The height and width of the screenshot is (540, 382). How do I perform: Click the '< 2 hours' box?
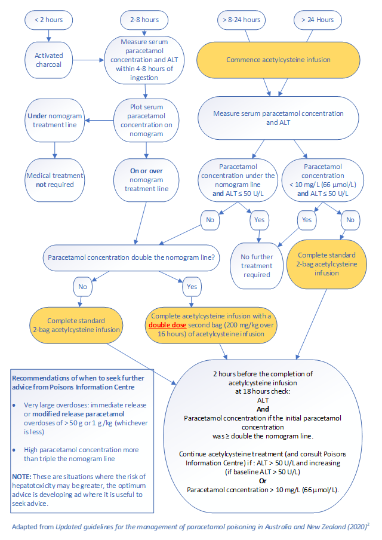tap(48, 20)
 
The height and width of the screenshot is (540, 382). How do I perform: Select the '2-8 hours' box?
tap(144, 20)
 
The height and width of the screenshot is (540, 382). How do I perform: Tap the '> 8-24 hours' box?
tap(241, 20)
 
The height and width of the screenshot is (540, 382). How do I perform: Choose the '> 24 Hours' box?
tap(317, 20)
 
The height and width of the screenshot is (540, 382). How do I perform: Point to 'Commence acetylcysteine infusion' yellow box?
tap(278, 60)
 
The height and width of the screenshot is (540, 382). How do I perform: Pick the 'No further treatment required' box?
tap(257, 266)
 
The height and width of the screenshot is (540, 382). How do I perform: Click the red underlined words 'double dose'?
tap(169, 325)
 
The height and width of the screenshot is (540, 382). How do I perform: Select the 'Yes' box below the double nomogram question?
tap(192, 287)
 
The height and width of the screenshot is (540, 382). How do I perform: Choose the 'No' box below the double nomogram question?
tap(82, 287)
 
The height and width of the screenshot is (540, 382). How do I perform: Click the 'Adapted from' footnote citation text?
tap(191, 527)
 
